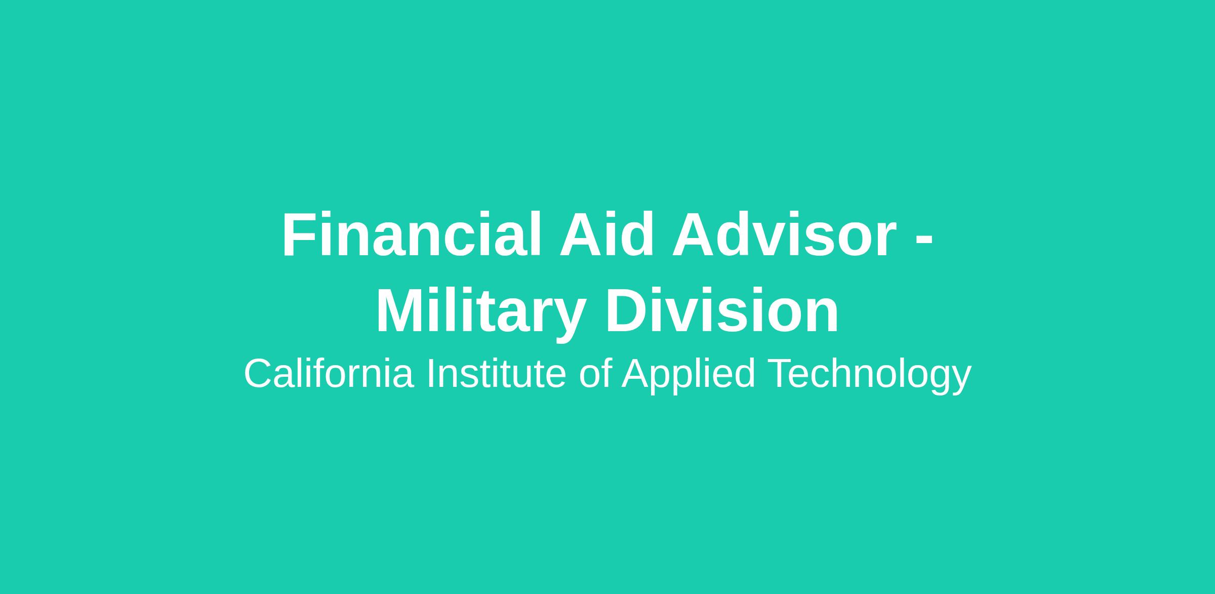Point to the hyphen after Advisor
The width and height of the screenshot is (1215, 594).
924,240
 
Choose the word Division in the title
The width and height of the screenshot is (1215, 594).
722,310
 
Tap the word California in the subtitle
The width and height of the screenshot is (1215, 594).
329,374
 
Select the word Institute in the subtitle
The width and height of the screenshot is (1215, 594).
497,374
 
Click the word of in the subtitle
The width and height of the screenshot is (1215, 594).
596,374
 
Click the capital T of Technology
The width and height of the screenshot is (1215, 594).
781,374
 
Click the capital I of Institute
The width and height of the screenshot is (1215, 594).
430,374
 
